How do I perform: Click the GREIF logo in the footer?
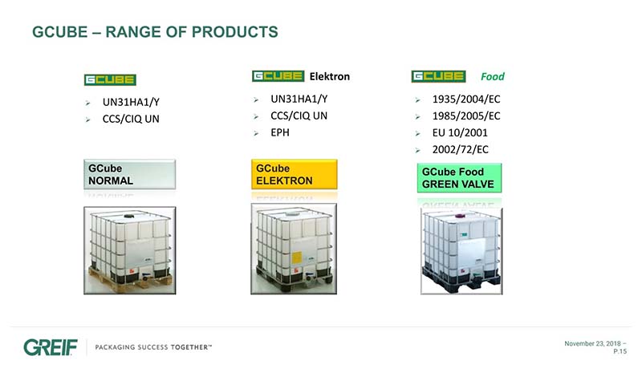[51, 347]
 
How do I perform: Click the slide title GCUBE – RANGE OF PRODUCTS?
[155, 32]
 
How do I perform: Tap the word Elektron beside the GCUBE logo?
[330, 76]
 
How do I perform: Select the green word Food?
[493, 76]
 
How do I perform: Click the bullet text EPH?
[280, 132]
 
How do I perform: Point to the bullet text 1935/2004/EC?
[466, 99]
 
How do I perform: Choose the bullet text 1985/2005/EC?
[466, 115]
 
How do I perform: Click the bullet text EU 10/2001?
[460, 132]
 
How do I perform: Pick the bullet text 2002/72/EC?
[460, 149]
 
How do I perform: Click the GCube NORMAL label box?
[130, 174]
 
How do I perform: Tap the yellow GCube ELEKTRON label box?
[295, 174]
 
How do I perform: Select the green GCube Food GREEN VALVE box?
[459, 178]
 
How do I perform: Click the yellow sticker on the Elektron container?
[296, 257]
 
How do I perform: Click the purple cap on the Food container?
[459, 215]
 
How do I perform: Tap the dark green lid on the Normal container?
[129, 215]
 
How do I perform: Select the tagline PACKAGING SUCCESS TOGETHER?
[153, 347]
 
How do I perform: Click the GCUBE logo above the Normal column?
[110, 79]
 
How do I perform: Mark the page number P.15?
[620, 351]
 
